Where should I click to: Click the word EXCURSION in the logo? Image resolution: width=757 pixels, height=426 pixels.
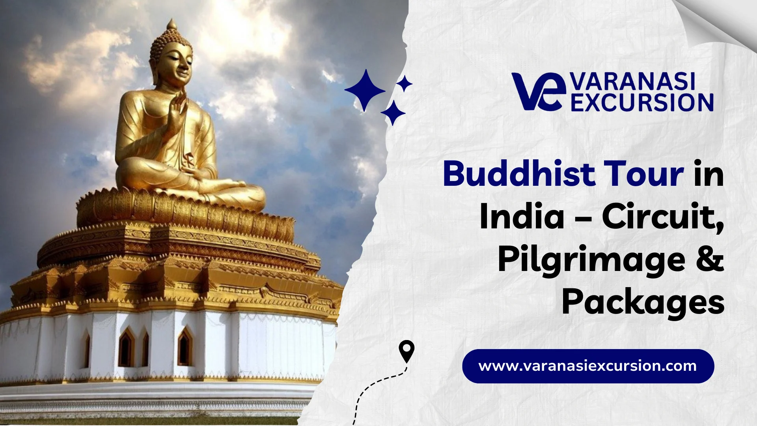pos(642,103)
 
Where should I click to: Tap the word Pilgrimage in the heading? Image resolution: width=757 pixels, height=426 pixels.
pos(591,261)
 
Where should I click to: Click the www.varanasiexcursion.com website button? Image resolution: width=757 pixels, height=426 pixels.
pos(588,366)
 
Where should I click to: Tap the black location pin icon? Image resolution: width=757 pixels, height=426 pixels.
pos(406,351)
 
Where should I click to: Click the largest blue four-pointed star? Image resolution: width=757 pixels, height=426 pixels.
pos(365,90)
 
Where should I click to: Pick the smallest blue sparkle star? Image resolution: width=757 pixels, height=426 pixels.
pos(404,84)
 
